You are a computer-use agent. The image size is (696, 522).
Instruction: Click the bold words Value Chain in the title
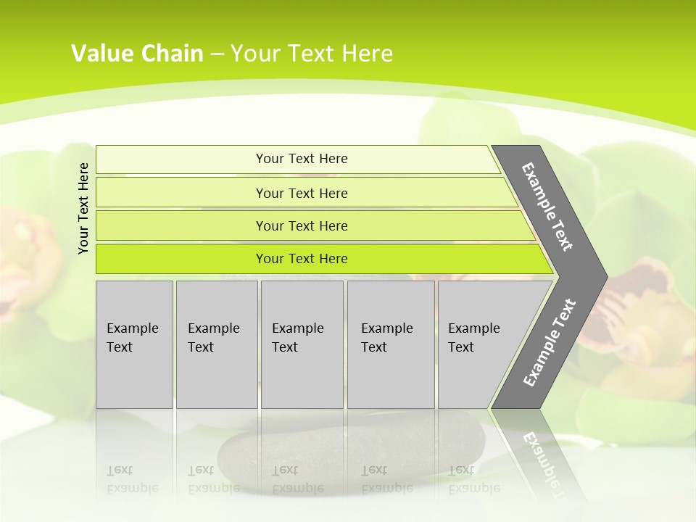tap(137, 54)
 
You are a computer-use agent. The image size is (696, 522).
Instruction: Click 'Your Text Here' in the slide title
tap(312, 54)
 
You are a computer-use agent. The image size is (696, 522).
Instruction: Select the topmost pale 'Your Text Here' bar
tap(301, 159)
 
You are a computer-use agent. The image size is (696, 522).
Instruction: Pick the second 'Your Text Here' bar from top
tap(301, 193)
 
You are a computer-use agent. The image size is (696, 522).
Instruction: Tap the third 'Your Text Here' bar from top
tap(301, 225)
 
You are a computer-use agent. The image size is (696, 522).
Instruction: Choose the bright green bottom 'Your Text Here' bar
tap(301, 259)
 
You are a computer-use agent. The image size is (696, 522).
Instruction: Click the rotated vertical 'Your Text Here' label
tap(83, 208)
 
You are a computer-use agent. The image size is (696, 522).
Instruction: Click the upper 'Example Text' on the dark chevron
tap(547, 207)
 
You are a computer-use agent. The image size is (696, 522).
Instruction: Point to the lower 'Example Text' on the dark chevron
tap(550, 343)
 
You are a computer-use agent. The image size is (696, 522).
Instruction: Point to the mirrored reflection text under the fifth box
tap(473, 478)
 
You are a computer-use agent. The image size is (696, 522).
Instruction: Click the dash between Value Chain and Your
tap(217, 54)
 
